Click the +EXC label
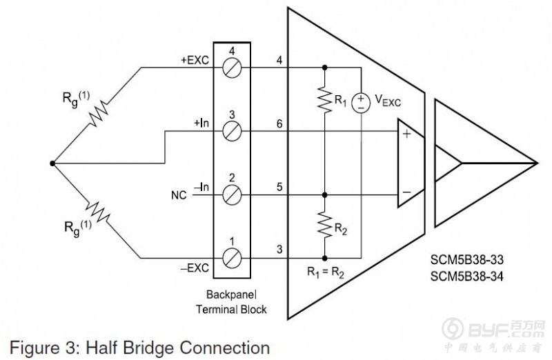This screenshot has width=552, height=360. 194,61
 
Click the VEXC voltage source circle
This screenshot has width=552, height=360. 361,103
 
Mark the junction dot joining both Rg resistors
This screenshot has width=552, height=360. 52,163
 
